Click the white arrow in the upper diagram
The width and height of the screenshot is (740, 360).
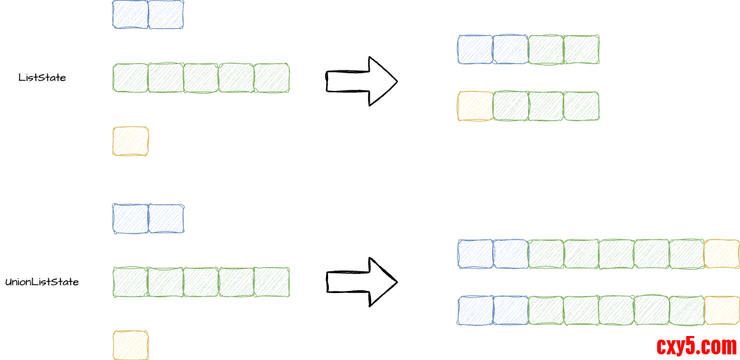[363, 81]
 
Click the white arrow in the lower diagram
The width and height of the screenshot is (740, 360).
[363, 283]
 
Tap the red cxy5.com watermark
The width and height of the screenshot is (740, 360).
[696, 346]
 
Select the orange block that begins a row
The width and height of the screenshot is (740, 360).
[475, 106]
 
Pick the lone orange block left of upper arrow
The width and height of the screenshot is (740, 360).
[131, 141]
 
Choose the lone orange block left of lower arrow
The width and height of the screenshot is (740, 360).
[131, 345]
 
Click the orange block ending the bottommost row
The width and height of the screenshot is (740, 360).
[722, 311]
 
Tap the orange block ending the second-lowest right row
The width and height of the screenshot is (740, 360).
[722, 254]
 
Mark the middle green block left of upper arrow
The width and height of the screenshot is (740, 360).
[201, 78]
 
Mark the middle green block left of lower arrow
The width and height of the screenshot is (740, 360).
[201, 282]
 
